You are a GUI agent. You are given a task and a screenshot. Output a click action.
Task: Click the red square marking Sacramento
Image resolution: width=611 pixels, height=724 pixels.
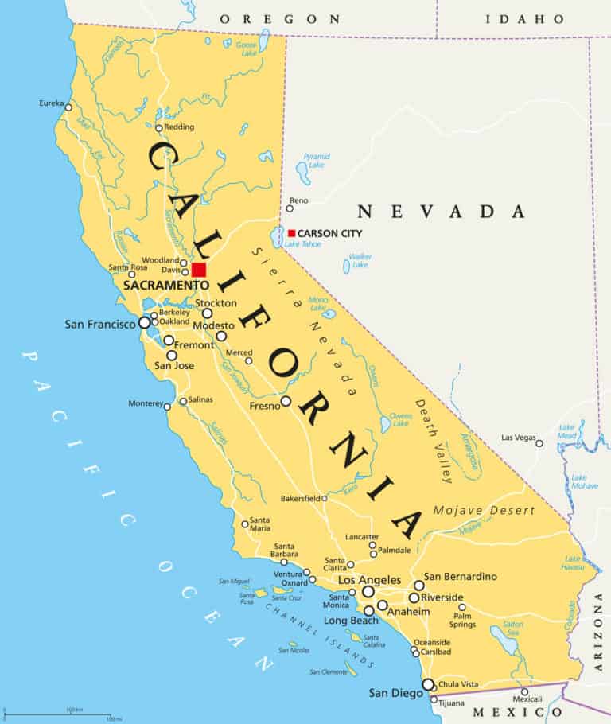pos(198,270)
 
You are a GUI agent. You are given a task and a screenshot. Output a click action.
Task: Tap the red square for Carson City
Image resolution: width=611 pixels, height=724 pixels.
pos(292,233)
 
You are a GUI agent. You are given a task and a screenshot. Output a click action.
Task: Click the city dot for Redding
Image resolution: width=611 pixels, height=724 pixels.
pos(158,127)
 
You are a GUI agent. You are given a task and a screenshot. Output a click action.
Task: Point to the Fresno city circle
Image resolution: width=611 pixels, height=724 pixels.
pos(286,401)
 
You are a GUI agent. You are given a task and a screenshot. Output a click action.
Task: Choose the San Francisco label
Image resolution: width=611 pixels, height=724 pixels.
pos(101,325)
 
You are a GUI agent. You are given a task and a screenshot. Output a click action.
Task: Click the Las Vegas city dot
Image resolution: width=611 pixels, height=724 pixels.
pos(539,443)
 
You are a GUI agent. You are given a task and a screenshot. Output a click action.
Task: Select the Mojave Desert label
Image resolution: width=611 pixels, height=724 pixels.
pos(484,510)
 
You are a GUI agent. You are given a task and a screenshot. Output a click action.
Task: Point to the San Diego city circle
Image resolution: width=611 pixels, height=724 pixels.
pos(428,684)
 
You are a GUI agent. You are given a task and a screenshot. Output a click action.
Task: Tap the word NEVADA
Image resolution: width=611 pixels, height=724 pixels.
pos(441,212)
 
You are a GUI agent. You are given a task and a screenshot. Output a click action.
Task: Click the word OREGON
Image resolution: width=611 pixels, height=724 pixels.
pos(279,18)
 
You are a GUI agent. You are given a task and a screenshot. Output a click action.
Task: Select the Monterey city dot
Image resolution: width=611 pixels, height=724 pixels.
pos(167,407)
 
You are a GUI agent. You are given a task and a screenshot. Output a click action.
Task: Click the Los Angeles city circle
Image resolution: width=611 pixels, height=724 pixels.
pos(368,592)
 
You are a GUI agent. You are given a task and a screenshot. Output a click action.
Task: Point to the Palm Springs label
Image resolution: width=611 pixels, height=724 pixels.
pos(462,620)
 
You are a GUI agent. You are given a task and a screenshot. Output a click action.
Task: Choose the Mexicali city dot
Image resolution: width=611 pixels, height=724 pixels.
pos(524,691)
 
